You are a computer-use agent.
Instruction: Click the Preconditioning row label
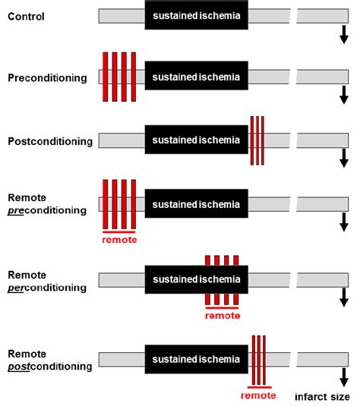point(47,77)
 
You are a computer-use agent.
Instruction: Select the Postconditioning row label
point(49,141)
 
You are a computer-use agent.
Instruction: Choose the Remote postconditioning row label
point(49,359)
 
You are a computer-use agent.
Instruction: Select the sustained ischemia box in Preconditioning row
point(196,77)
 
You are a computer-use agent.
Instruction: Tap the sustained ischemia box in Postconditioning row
point(196,140)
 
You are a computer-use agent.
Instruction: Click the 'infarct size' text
point(324,396)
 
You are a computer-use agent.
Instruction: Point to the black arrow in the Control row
point(343,34)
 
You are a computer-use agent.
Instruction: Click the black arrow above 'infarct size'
point(343,375)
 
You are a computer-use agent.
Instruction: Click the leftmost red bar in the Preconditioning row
point(106,77)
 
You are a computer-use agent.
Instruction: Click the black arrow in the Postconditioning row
point(343,158)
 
